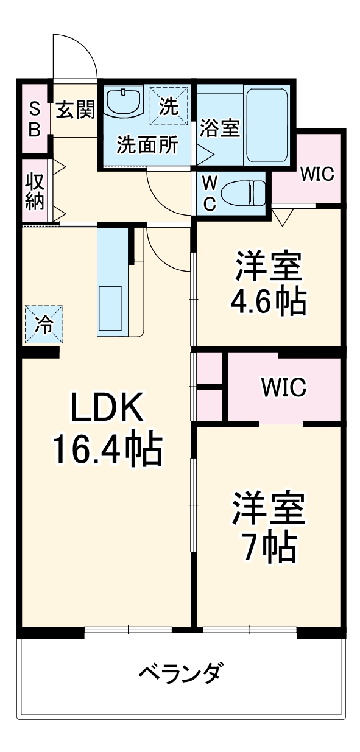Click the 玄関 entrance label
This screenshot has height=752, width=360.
tap(76, 110)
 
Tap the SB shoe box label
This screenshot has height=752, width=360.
tap(35, 119)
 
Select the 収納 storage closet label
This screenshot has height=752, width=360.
tap(35, 192)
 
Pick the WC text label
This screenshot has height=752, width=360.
tap(209, 194)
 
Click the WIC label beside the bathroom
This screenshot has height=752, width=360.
tap(317, 175)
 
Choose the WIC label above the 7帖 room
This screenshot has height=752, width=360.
tap(283, 388)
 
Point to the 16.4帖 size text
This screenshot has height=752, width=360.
tap(107, 449)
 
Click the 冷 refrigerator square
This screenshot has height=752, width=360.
tap(43, 325)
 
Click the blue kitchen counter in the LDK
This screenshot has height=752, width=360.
tap(111, 280)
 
